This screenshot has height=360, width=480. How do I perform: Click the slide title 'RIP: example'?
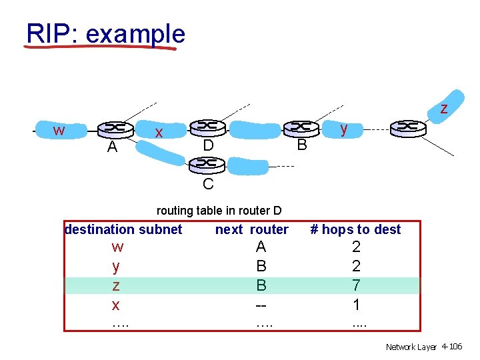[x=105, y=33]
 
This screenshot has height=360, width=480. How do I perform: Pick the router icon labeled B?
[x=301, y=127]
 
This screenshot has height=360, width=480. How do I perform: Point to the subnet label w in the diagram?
[x=59, y=130]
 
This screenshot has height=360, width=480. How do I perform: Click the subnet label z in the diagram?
[x=443, y=108]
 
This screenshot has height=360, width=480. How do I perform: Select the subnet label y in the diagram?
[x=344, y=129]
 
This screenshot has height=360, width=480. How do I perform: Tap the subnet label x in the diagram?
[x=159, y=133]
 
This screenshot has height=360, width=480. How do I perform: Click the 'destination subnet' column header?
[x=123, y=229]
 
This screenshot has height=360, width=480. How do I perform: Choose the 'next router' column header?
[x=251, y=229]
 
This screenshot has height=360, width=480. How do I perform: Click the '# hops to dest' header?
[x=356, y=229]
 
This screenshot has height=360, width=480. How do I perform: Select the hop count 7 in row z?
[x=357, y=285]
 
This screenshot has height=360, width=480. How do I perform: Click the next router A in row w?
[x=261, y=247]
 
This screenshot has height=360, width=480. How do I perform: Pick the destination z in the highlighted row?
[x=117, y=285]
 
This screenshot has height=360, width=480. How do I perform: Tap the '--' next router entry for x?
[x=261, y=305]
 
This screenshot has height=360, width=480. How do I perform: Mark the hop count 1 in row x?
[x=357, y=305]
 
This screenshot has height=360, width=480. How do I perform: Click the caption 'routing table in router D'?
[x=219, y=211]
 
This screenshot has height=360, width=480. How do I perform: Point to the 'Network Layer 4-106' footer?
[x=424, y=347]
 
